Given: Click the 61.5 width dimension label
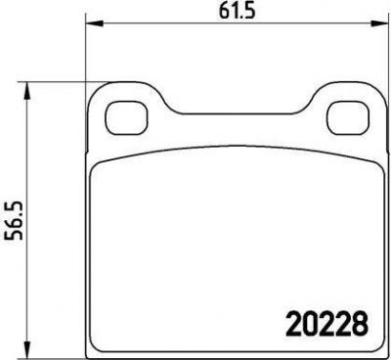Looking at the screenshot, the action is point(237,12).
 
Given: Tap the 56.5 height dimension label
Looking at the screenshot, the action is point(14,221).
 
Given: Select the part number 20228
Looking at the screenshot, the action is point(327,324).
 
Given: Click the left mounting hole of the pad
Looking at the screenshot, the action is point(126,117).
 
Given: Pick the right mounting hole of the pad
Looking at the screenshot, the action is point(348,117).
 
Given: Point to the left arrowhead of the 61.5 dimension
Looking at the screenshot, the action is point(94,23).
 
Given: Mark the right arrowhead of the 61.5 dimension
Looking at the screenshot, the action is point(380,23).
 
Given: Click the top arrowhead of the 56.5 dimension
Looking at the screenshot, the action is point(26,90).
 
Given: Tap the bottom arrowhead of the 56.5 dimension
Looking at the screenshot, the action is point(26,349).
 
